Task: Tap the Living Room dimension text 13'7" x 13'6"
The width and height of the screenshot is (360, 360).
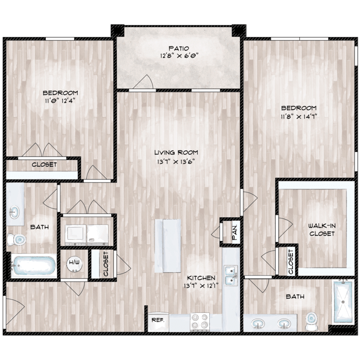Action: point(176,162)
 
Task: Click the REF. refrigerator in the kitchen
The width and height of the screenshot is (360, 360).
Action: point(158,322)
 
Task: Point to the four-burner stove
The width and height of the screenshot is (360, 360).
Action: point(200,322)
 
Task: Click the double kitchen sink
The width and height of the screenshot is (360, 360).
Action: point(231,276)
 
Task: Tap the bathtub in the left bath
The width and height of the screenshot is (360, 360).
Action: point(34,266)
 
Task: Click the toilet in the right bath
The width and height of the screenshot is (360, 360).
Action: point(312,321)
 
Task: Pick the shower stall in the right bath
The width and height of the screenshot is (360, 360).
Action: point(343,302)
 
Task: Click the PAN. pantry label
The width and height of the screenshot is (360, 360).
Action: point(235,232)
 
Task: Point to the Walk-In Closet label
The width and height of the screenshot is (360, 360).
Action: point(322,229)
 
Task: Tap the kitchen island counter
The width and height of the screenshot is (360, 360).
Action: point(168,246)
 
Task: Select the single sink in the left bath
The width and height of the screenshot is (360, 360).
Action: point(14,212)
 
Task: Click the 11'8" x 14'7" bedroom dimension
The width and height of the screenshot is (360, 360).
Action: point(299,117)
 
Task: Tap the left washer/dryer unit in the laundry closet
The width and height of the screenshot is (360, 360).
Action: point(75,235)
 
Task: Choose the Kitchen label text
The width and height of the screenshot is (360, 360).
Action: point(201,278)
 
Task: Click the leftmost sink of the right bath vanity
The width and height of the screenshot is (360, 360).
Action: point(258,324)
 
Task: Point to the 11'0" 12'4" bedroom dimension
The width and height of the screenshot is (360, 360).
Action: point(59,101)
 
